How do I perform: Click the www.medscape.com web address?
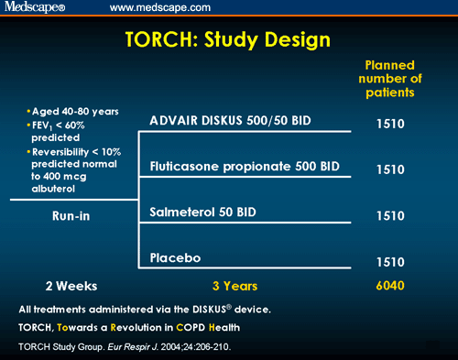click(x=156, y=7)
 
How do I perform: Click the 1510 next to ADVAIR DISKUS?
click(x=390, y=122)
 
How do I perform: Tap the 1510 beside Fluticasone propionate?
click(x=390, y=169)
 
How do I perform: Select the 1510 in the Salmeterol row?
click(x=390, y=215)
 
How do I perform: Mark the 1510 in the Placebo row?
click(x=390, y=262)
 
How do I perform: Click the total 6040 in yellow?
click(x=390, y=285)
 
